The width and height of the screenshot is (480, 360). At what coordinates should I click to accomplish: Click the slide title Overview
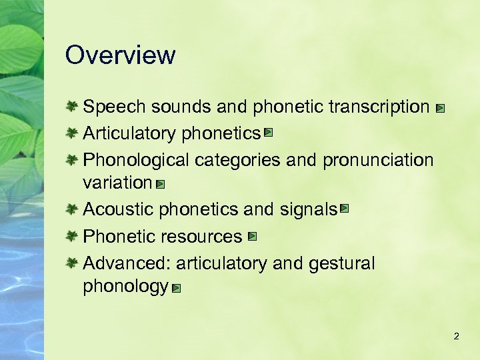[120, 55]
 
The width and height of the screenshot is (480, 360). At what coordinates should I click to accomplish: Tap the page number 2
[456, 337]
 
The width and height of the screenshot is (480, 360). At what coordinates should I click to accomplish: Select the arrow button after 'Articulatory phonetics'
[267, 133]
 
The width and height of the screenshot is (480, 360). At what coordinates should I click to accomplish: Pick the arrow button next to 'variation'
[160, 183]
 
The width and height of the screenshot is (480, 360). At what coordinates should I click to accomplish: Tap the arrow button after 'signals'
[344, 209]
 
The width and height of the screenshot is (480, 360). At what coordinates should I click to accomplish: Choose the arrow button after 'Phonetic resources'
[251, 236]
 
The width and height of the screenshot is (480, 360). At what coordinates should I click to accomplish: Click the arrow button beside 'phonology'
[175, 289]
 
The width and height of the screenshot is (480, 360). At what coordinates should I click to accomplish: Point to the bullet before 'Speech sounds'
[73, 106]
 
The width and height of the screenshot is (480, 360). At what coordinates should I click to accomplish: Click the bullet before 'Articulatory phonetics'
[73, 133]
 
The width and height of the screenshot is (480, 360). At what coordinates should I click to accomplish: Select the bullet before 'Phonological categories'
[73, 160]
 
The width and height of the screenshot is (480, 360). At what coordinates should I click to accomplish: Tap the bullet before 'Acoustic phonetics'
[73, 209]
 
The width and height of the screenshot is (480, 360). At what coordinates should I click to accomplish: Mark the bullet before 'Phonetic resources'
[73, 236]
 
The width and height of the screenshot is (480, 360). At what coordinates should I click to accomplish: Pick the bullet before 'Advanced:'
[73, 263]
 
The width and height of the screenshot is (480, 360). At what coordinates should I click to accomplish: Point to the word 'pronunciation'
[377, 161]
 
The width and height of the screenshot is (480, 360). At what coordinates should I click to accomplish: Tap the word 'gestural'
[342, 264]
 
